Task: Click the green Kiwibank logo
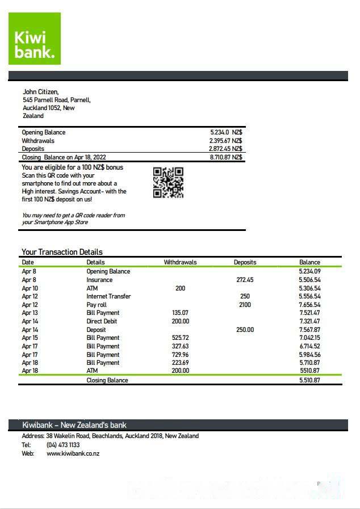coord(34,39)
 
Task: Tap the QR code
coord(168,182)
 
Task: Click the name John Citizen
coord(40,92)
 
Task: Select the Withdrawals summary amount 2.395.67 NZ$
coord(225,141)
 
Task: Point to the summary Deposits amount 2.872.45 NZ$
coord(225,149)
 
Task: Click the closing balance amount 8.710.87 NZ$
coord(225,157)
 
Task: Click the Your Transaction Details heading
coord(62,252)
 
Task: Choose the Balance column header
coord(309,262)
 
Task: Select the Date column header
coord(28,262)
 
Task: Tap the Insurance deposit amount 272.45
coord(245,280)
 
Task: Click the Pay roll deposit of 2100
coord(245,305)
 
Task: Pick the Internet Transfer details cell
coord(108,296)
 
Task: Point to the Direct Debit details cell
coord(102,321)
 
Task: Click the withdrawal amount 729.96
coord(180,355)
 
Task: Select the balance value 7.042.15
coord(309,338)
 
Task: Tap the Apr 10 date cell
coord(30,288)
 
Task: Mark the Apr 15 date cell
coord(30,338)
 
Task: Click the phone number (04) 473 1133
coord(63,445)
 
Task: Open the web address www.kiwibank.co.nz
coord(73,453)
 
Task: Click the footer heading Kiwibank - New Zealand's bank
coord(74,425)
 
